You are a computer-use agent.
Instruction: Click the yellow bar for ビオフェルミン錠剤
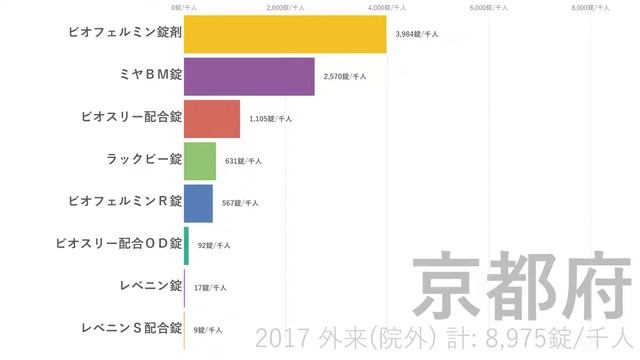(285, 33)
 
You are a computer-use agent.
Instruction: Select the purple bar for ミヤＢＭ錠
(249, 76)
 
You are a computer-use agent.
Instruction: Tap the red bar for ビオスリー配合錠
(212, 118)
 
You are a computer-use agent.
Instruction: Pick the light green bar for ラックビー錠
(200, 160)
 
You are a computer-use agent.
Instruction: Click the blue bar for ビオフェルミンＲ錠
(198, 202)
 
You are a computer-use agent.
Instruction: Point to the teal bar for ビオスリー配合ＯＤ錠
(186, 244)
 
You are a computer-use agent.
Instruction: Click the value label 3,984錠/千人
(417, 34)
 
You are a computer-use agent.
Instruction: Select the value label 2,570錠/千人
(345, 76)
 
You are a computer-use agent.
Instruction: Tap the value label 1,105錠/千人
(270, 118)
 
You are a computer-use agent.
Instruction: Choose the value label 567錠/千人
(240, 202)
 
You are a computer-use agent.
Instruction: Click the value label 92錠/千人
(214, 244)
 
